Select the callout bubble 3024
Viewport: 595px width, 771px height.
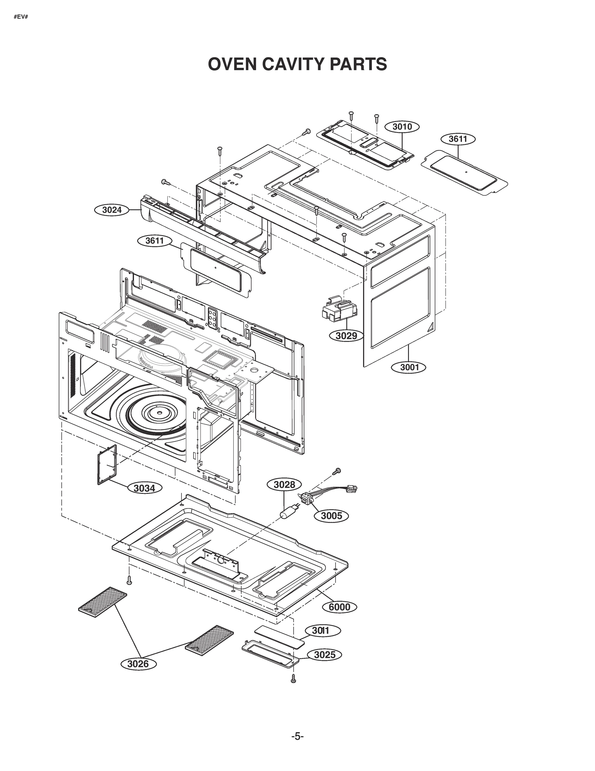coord(112,210)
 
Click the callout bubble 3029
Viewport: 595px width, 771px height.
coord(346,336)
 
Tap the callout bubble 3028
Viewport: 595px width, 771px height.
coord(285,485)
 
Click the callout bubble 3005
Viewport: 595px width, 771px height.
coord(331,516)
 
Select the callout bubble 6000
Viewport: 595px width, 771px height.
coord(339,607)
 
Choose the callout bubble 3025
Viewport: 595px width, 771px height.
coord(324,655)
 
